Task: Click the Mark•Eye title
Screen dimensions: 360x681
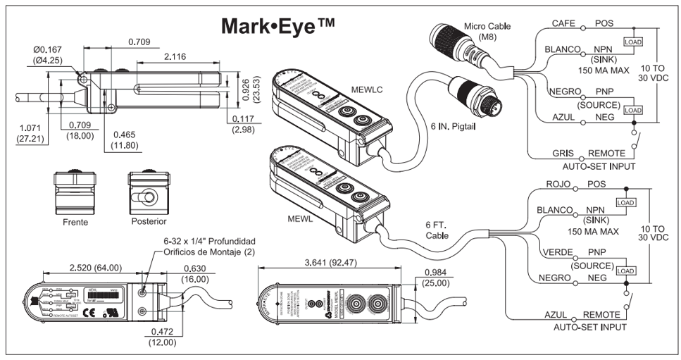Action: click(x=277, y=25)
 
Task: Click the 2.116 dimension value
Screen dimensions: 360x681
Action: click(x=176, y=56)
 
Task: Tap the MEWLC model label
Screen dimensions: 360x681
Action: click(x=368, y=89)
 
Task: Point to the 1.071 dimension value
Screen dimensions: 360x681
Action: click(x=30, y=129)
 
